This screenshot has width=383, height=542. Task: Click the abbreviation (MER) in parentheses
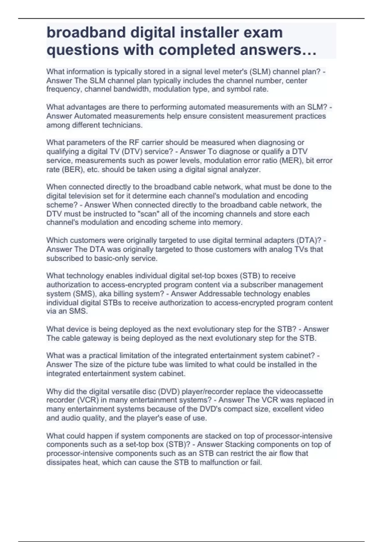coord(290,160)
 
